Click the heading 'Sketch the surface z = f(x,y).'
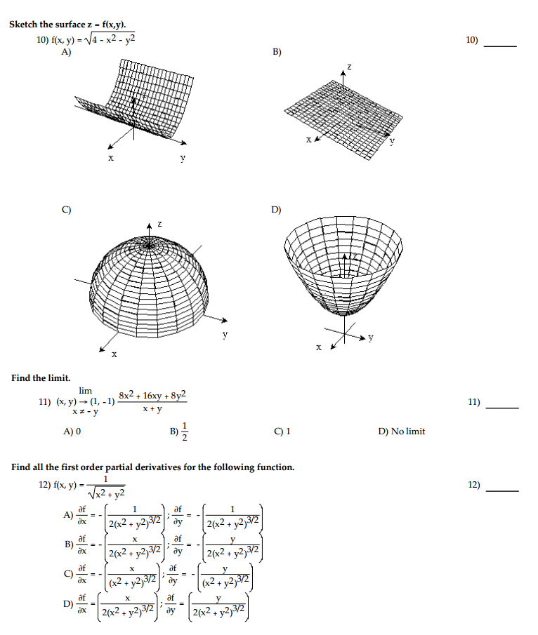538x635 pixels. pyautogui.click(x=67, y=25)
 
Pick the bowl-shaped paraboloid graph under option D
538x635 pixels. pyautogui.click(x=343, y=267)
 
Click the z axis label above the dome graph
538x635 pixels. pyautogui.click(x=159, y=224)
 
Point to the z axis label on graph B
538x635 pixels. pyautogui.click(x=349, y=66)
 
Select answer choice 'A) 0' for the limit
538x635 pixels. pyautogui.click(x=73, y=432)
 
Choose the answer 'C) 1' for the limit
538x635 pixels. pyautogui.click(x=282, y=432)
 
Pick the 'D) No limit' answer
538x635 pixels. pyautogui.click(x=401, y=432)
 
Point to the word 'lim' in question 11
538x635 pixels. pyautogui.click(x=86, y=390)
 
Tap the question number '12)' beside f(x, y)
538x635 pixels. pyautogui.click(x=45, y=485)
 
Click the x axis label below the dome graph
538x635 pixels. pyautogui.click(x=114, y=356)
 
